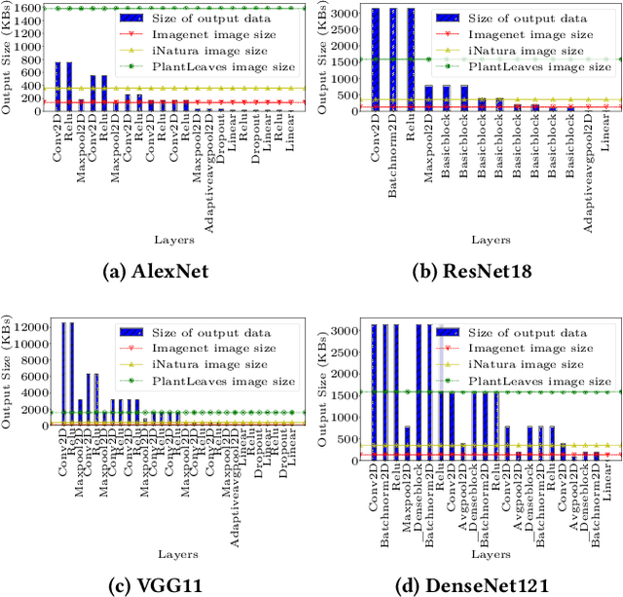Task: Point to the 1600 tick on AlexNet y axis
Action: coord(28,8)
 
